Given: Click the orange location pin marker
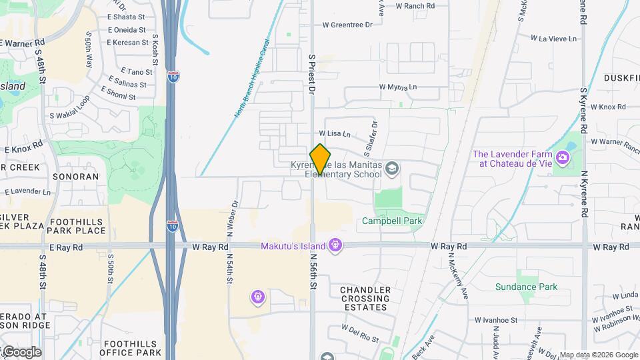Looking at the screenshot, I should (321, 158).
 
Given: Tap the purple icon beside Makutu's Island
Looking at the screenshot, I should (336, 246).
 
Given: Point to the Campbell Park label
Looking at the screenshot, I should (392, 221).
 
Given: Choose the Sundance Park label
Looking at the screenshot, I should (525, 287).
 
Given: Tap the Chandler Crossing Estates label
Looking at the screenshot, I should (365, 299).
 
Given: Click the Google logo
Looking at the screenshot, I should (21, 352).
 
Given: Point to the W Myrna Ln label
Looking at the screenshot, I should (398, 87).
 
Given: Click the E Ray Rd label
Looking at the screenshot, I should (69, 247).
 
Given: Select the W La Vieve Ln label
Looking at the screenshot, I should (553, 39).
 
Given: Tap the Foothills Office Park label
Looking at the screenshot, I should (132, 348).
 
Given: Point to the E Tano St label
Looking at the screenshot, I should (137, 71).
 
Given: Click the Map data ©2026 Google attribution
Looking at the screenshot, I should (599, 355).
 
